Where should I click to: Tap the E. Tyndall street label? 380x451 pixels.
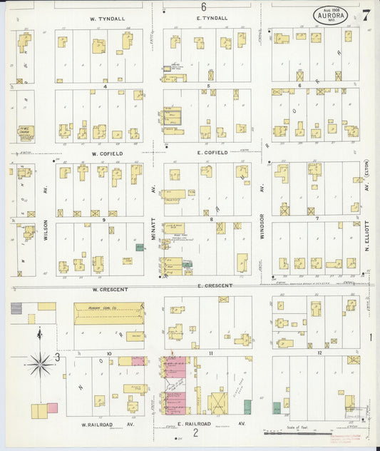214,18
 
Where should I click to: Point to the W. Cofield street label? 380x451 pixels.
107,153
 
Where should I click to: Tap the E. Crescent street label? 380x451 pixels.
215,285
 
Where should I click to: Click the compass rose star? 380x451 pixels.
41,365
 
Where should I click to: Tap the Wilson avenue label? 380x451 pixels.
46,230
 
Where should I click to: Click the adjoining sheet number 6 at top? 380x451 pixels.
203,6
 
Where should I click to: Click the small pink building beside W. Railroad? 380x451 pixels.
52,409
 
